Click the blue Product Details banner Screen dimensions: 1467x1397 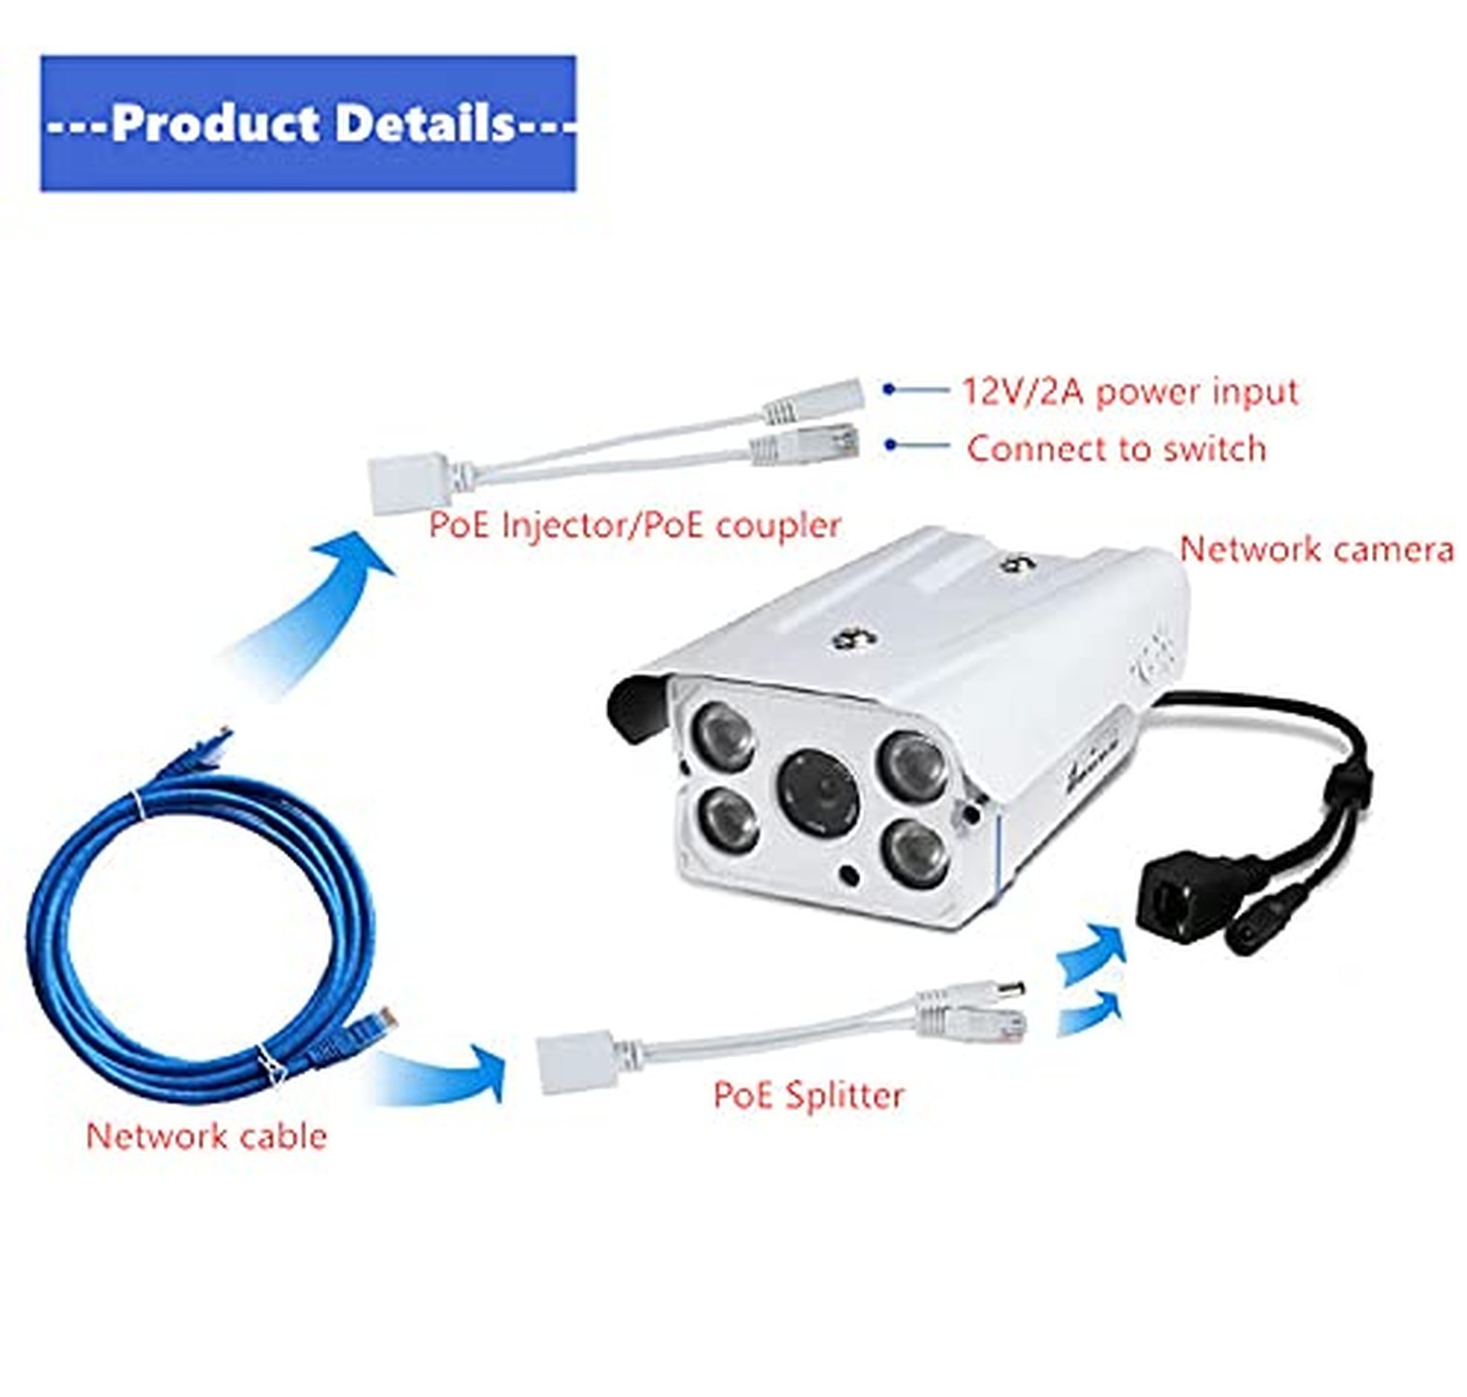tap(307, 123)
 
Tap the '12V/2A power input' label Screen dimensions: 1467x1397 tap(1129, 391)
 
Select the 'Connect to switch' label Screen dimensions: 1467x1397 tap(1116, 449)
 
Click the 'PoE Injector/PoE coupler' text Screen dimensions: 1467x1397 tap(634, 525)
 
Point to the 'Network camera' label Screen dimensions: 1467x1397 tap(1316, 549)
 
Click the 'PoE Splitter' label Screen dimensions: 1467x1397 tap(808, 1095)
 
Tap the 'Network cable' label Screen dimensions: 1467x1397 tap(206, 1136)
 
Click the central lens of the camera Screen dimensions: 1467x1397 tap(821, 793)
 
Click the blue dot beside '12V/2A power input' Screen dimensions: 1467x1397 tap(890, 389)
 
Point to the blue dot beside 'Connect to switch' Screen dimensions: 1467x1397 tap(890, 446)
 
